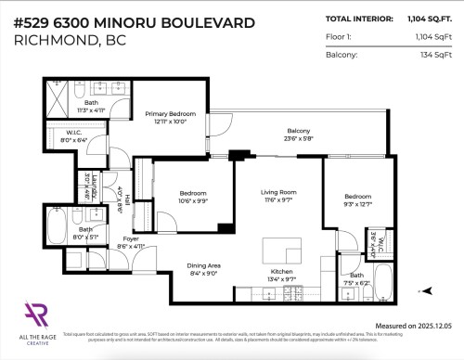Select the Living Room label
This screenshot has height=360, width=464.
277,198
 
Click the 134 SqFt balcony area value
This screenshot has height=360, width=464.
434,55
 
